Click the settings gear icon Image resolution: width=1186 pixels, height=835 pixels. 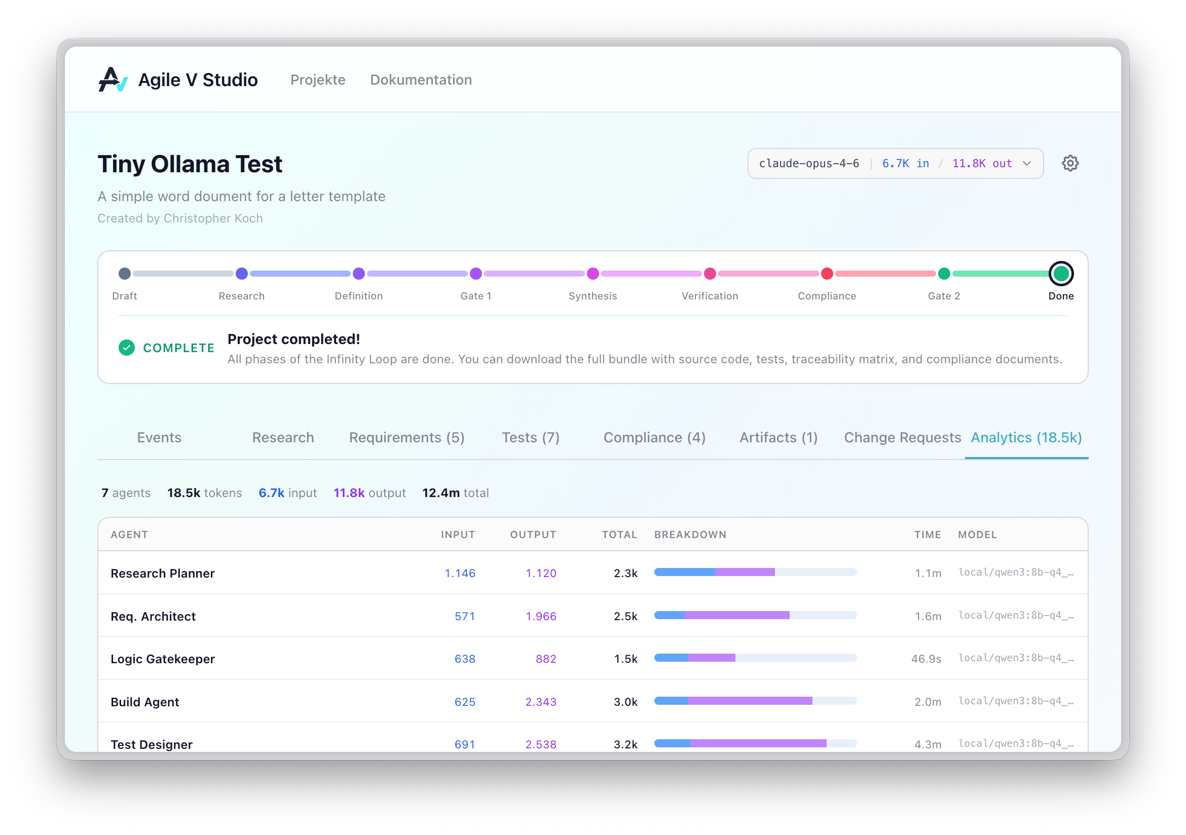click(x=1070, y=163)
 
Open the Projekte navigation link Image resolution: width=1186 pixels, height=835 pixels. click(x=318, y=80)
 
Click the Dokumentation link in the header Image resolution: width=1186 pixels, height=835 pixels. click(x=421, y=80)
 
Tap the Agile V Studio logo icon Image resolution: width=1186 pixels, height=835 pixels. click(x=113, y=80)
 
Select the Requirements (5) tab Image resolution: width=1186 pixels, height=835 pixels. click(x=406, y=437)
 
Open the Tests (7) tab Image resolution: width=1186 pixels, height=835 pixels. click(x=531, y=437)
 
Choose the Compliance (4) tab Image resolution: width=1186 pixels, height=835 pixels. click(x=654, y=437)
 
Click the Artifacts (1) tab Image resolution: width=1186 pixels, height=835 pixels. click(x=778, y=437)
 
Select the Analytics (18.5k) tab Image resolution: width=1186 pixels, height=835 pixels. click(x=1026, y=437)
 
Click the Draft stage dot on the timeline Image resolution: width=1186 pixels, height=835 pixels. click(x=125, y=274)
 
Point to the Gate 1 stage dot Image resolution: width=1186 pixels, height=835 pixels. click(x=476, y=274)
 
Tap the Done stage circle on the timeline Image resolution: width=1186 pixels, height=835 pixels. click(x=1060, y=274)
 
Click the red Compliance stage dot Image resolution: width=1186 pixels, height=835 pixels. click(x=827, y=274)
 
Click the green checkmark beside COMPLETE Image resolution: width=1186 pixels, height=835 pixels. click(x=127, y=348)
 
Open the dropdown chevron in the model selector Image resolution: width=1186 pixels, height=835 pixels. click(x=1026, y=164)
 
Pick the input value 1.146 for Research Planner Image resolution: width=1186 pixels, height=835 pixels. click(x=460, y=573)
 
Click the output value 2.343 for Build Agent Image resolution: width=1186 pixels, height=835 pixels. click(x=540, y=702)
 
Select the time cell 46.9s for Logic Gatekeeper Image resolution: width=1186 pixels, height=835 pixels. click(x=925, y=659)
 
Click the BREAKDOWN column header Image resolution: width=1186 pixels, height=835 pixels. click(x=690, y=535)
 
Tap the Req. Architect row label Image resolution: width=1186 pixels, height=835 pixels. click(x=153, y=616)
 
